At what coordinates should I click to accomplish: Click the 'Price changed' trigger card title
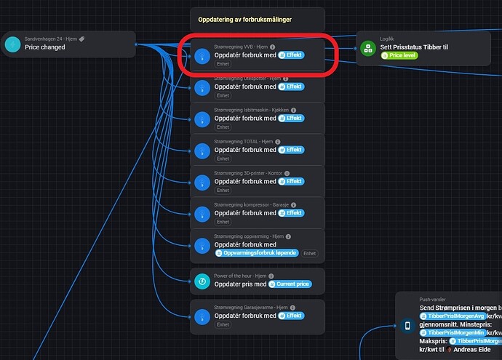[x=44, y=47]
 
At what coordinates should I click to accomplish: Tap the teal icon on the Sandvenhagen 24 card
[x=12, y=44]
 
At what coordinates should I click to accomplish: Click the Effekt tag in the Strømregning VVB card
[x=291, y=55]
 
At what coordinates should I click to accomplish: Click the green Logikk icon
[x=368, y=49]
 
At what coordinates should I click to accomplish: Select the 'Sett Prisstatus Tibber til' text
[x=413, y=47]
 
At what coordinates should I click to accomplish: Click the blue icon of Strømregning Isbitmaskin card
[x=202, y=120]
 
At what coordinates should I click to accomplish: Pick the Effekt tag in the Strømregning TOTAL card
[x=291, y=150]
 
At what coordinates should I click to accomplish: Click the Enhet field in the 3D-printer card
[x=222, y=191]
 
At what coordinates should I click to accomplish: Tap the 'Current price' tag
[x=292, y=284]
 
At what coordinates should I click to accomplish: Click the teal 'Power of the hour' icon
[x=202, y=281]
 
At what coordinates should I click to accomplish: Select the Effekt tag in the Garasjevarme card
[x=291, y=316]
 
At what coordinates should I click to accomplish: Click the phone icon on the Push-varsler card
[x=407, y=326]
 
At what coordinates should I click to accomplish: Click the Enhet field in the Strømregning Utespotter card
[x=222, y=95]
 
